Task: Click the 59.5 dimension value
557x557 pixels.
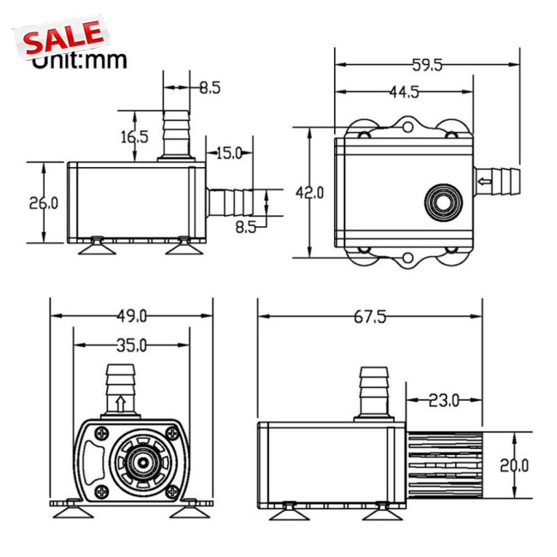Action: coord(427,65)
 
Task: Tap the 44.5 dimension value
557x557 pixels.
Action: coord(404,92)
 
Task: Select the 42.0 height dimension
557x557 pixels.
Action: coord(309,193)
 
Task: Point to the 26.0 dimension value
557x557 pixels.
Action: coord(44,203)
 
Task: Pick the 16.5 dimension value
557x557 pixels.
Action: coord(135,137)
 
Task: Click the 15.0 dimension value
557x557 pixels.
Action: coord(229,153)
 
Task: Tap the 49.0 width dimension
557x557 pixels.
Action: coord(131,316)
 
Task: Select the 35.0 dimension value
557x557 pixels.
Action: coord(131,345)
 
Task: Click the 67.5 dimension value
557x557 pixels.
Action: coord(370,316)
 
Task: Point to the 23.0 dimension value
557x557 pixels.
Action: coord(444,401)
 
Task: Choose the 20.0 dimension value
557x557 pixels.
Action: coord(514,465)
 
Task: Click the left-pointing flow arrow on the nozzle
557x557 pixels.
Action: coord(484,182)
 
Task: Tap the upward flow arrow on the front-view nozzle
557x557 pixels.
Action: coord(121,404)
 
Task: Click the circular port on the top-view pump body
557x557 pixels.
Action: coord(443,203)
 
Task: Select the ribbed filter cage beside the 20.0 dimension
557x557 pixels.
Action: coord(444,465)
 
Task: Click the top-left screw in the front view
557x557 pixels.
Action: coord(102,433)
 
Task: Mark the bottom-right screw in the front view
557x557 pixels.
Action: coord(172,492)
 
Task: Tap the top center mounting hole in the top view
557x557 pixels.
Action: coord(408,127)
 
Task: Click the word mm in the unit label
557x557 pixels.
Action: coord(105,61)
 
